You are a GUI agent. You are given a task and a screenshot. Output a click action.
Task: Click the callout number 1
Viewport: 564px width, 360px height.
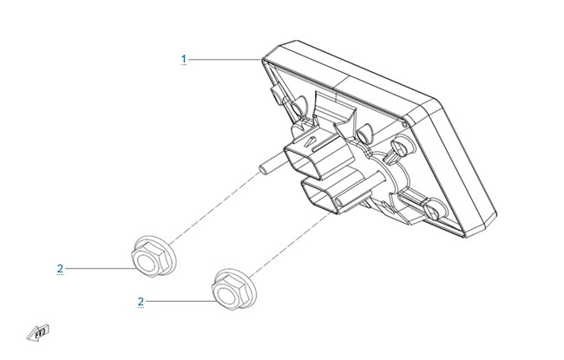pos(184,59)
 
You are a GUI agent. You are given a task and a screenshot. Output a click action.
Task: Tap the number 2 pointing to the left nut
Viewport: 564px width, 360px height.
pos(60,268)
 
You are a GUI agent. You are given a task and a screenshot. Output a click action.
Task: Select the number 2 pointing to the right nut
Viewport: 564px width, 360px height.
pos(141,301)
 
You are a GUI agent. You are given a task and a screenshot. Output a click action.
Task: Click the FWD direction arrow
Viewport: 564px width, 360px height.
pos(38,333)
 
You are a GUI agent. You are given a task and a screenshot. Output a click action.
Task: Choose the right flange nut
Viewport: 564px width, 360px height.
pos(233,289)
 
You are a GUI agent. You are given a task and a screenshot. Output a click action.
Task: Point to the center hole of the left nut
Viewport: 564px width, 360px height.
pos(148,260)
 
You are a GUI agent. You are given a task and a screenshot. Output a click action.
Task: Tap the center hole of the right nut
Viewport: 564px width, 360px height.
pos(229,293)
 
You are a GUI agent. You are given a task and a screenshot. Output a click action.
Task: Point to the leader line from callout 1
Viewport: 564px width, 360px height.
pos(225,59)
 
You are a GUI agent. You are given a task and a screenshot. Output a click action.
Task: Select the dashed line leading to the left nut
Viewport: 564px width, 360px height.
pos(214,208)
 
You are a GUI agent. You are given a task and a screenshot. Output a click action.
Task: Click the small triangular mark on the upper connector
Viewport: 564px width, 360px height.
pos(308,141)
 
